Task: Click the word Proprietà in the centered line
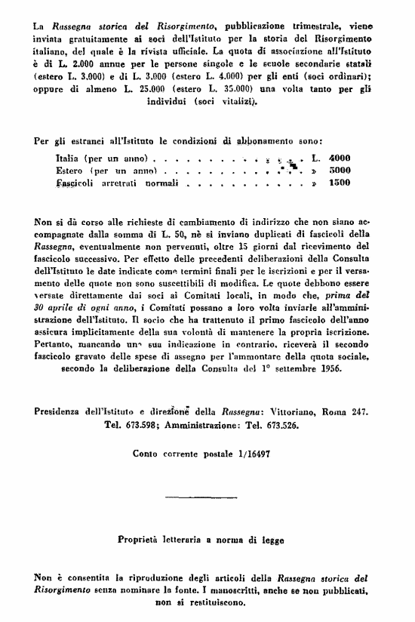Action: [141, 540]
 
